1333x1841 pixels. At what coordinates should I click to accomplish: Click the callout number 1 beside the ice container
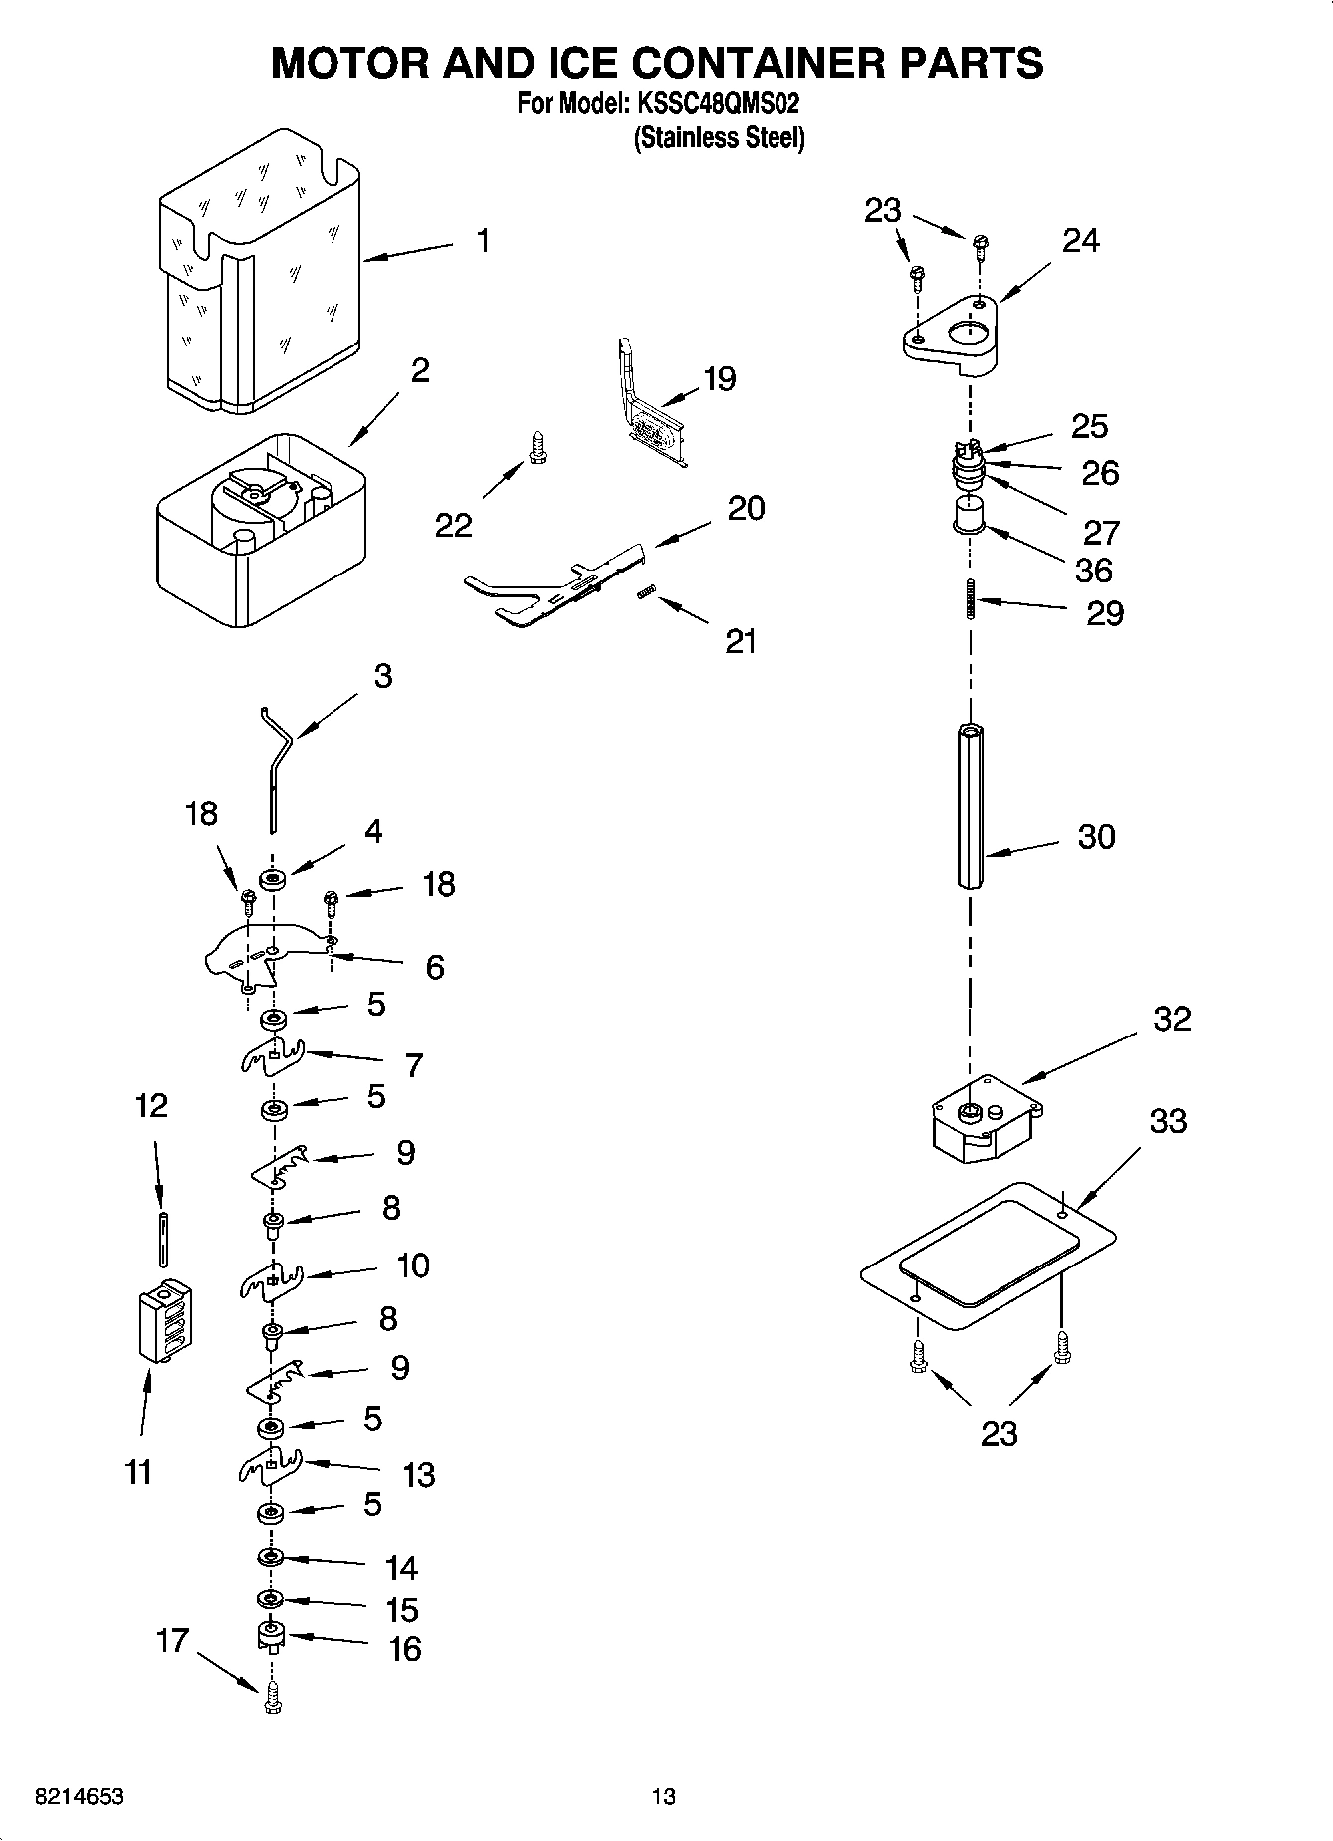(x=482, y=241)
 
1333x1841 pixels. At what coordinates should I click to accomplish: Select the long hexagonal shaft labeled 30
(x=971, y=806)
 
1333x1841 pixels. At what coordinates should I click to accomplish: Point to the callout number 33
(x=1168, y=1121)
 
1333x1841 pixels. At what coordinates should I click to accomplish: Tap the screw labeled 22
(x=538, y=445)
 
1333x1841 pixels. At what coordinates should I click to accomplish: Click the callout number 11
(x=139, y=1471)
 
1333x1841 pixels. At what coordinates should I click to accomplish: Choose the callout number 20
(x=745, y=508)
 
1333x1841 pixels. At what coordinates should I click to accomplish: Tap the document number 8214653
(x=80, y=1797)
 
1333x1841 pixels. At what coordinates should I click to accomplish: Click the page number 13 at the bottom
(x=663, y=1797)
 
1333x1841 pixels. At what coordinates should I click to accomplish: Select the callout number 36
(x=1093, y=571)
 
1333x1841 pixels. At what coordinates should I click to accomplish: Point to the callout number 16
(x=404, y=1649)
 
